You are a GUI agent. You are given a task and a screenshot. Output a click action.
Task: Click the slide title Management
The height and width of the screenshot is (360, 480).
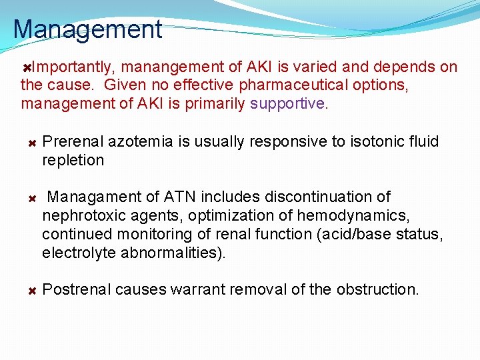point(87,29)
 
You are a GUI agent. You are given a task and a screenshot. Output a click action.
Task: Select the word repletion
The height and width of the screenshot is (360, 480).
point(73,161)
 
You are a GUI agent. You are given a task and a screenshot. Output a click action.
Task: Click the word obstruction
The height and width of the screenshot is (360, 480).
point(377,290)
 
